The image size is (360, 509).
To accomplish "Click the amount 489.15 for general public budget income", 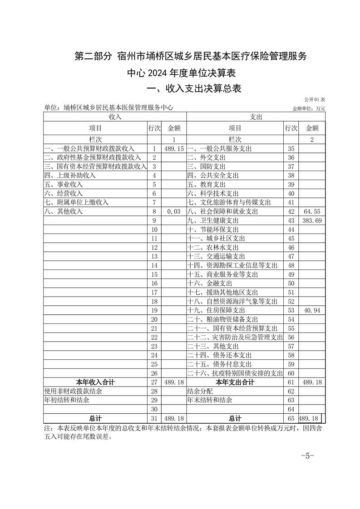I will point(174,148).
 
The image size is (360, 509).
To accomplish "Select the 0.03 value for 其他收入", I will point(174,211).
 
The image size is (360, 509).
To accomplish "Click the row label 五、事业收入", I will point(63,184).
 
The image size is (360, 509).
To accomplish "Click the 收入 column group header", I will point(115,117).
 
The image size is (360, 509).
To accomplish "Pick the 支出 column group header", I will point(256,117).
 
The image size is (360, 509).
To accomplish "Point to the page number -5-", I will point(308,456).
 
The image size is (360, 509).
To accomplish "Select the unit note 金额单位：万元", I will point(309,108).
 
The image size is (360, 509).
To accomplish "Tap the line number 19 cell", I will point(154,310).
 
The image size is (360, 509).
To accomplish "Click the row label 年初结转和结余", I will point(67,400).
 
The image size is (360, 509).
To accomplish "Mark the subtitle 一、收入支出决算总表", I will point(191,88).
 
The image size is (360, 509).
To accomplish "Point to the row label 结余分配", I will point(200,391).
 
